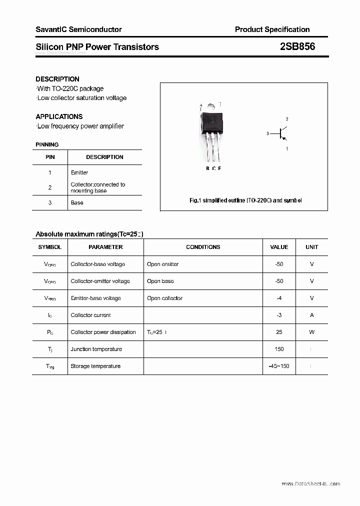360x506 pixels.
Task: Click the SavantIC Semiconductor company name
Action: (78, 29)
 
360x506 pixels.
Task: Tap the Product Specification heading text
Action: (272, 29)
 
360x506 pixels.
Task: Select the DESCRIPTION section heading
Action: (57, 79)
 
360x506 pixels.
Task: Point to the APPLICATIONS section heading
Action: (59, 116)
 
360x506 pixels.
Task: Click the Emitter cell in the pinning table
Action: (79, 172)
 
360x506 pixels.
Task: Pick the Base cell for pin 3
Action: (77, 202)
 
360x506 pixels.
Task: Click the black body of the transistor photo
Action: (211, 121)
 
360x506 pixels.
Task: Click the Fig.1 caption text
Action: (245, 200)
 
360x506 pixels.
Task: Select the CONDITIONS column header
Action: (203, 247)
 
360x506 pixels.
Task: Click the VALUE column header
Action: (279, 247)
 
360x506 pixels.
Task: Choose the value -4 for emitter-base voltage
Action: (279, 298)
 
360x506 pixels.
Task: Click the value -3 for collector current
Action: (279, 315)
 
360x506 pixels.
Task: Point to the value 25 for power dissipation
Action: (279, 332)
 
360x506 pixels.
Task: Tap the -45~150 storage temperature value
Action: (279, 366)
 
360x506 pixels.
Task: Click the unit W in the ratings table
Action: (311, 332)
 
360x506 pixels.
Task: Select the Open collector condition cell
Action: (164, 298)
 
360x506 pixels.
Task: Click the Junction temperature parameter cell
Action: (96, 349)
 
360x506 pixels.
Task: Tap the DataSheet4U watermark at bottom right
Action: (310, 483)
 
